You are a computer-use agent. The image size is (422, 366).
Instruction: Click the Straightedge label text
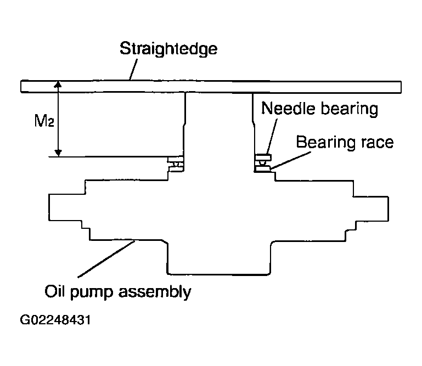click(168, 49)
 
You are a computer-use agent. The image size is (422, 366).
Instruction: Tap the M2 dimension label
click(44, 121)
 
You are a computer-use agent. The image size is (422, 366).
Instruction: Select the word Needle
click(288, 108)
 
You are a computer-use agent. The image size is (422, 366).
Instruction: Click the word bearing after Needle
click(350, 109)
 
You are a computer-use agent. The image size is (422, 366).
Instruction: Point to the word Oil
click(55, 291)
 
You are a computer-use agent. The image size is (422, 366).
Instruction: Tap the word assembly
click(155, 292)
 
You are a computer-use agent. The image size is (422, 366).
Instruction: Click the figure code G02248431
click(55, 320)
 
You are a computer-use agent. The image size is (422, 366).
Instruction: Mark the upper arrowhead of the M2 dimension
click(58, 84)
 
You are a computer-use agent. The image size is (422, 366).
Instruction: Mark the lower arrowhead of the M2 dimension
click(58, 153)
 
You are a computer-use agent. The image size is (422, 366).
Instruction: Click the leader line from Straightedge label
click(133, 70)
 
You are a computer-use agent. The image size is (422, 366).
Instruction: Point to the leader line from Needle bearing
click(272, 136)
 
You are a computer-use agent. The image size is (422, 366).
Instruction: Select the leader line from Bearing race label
click(291, 161)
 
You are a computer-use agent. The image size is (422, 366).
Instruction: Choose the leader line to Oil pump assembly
click(106, 259)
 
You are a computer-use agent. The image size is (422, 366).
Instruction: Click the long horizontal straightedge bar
click(211, 87)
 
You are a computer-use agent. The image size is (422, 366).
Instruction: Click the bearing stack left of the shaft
click(176, 164)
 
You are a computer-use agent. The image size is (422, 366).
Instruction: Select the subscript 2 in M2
click(50, 123)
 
